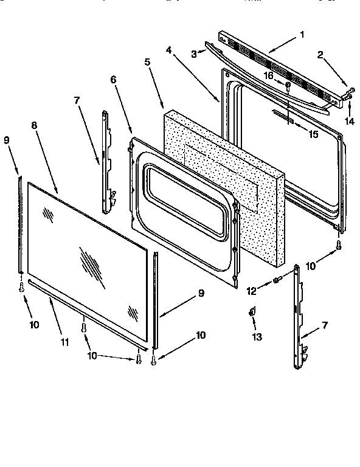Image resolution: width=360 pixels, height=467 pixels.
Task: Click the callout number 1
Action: click(x=302, y=35)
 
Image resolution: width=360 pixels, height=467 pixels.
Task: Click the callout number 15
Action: click(x=313, y=134)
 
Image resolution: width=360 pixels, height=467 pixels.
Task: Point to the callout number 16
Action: click(x=268, y=75)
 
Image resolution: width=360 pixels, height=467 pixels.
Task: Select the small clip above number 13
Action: click(x=251, y=313)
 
